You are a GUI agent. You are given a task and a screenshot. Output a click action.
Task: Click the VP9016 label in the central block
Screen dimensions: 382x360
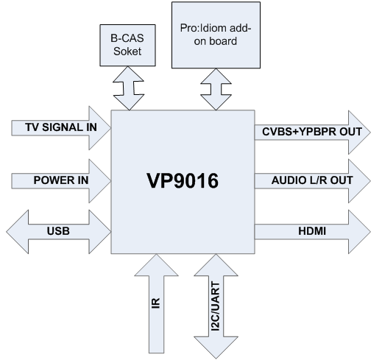pos(183,181)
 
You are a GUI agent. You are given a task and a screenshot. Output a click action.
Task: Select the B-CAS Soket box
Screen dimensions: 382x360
pos(127,45)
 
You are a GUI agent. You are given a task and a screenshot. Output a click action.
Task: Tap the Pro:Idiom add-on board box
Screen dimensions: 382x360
pos(216,35)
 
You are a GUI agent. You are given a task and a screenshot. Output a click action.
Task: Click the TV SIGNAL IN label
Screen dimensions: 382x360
pos(61,127)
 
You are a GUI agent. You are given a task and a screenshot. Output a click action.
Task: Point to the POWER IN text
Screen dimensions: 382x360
pos(61,180)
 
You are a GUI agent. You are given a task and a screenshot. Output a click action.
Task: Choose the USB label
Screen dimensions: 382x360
pos(58,231)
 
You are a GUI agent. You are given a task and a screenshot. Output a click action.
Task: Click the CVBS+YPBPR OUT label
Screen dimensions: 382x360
pos(312,132)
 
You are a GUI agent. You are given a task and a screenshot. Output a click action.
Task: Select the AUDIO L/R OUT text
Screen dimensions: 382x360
pos(312,180)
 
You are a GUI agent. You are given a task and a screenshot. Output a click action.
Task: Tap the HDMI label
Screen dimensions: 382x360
pos(312,231)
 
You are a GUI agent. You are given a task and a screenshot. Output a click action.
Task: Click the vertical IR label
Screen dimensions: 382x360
pos(156,303)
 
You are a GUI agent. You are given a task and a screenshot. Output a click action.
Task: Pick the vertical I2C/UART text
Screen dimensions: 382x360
pos(216,306)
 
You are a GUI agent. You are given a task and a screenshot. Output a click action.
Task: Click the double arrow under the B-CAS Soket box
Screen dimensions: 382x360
pos(129,88)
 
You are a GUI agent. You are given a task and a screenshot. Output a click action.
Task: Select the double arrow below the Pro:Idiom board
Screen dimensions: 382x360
pos(216,89)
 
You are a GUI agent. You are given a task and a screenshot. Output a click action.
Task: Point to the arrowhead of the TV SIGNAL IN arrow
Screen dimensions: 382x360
pos(100,128)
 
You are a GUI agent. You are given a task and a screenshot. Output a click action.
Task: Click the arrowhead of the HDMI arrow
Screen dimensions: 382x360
pos(359,232)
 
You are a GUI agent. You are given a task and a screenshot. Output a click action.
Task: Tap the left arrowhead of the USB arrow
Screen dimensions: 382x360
pos(17,232)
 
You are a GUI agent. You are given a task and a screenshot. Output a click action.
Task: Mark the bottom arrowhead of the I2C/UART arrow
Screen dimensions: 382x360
pos(216,347)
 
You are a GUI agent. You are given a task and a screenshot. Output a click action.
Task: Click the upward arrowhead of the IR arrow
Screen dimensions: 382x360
pos(156,265)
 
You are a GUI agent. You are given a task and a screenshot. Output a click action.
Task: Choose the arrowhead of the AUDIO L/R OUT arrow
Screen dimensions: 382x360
pos(359,181)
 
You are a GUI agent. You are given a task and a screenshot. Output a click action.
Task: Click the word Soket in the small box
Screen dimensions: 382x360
pos(127,52)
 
